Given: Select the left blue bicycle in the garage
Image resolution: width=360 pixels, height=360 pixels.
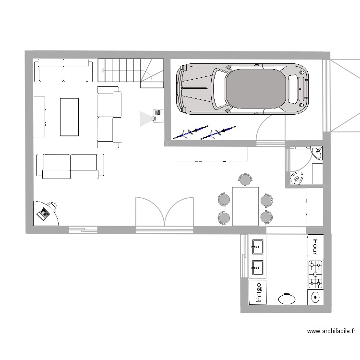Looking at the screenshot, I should tap(190, 132).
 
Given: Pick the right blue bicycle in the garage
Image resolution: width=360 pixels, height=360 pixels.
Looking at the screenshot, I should tap(218, 133).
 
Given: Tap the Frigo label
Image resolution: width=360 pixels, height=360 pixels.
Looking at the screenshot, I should tap(257, 292).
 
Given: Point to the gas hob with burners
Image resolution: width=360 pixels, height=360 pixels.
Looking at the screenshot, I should tap(315, 273).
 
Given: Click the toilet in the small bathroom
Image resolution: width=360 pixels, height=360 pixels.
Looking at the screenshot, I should tap(296, 178).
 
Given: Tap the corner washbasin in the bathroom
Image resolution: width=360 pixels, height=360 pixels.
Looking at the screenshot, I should tap(317, 153).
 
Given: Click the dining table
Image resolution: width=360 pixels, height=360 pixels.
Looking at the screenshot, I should tap(245, 206).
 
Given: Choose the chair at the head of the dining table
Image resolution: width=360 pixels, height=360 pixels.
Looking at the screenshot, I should tap(245, 180).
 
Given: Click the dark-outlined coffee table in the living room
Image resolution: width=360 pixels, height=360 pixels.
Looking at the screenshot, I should tap(69, 117).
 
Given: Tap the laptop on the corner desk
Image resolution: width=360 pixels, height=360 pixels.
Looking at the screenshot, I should tap(44, 213).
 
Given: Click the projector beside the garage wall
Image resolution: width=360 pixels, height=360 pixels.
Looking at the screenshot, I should tap(157, 115).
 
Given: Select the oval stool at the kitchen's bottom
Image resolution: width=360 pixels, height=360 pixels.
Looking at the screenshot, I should tap(287, 299).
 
